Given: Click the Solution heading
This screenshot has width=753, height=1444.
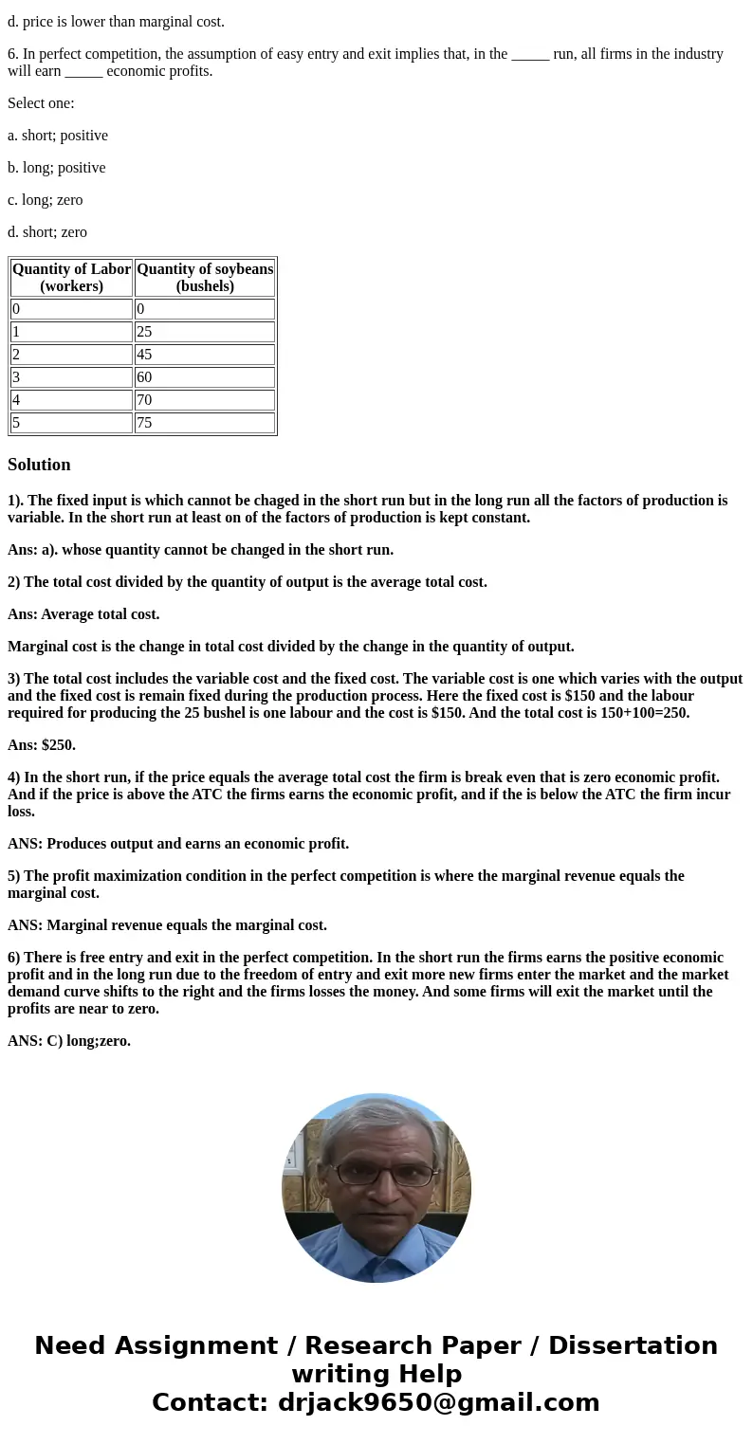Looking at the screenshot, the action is tap(39, 465).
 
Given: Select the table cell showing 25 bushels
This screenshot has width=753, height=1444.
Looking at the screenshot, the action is tap(204, 332).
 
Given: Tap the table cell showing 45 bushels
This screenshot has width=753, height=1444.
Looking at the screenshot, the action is tap(204, 355).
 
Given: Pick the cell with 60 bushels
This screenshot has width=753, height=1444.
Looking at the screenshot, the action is tap(204, 377).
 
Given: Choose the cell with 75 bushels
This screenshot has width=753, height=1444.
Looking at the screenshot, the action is tap(204, 423).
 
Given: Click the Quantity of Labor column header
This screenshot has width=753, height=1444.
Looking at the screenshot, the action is tap(72, 278).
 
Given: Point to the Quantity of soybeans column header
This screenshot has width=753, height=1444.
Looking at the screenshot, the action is tap(205, 278).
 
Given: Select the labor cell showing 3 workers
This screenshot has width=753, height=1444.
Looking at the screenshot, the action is tap(71, 377).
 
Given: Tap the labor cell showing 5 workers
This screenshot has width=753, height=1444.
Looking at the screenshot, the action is tap(71, 423).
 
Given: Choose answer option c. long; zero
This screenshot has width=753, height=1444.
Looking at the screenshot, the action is tap(46, 200).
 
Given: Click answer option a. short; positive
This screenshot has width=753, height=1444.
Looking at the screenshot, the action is tap(58, 136).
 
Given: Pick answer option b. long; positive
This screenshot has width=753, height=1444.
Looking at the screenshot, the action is tap(57, 168).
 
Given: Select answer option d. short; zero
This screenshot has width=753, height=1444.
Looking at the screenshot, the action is tap(47, 232).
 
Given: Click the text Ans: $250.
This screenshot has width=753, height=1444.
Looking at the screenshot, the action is tap(42, 745).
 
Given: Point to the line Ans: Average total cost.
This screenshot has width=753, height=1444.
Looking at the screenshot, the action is tap(83, 614).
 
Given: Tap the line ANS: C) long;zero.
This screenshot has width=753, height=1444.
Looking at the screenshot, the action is tap(69, 1041).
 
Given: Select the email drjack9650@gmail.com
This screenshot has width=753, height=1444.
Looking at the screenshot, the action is tap(438, 1403).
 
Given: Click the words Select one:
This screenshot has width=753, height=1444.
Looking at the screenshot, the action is tap(41, 103).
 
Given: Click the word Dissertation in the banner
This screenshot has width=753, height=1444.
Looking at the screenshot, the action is tap(633, 1346).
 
